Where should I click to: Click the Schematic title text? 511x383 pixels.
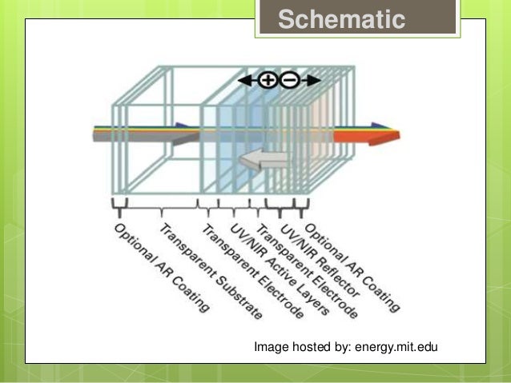tap(342, 19)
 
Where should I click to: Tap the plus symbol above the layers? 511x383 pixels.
tap(268, 80)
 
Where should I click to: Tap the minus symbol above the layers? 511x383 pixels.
tap(290, 80)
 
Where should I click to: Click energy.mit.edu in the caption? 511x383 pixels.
tap(392, 347)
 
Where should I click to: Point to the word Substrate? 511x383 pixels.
tap(234, 296)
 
